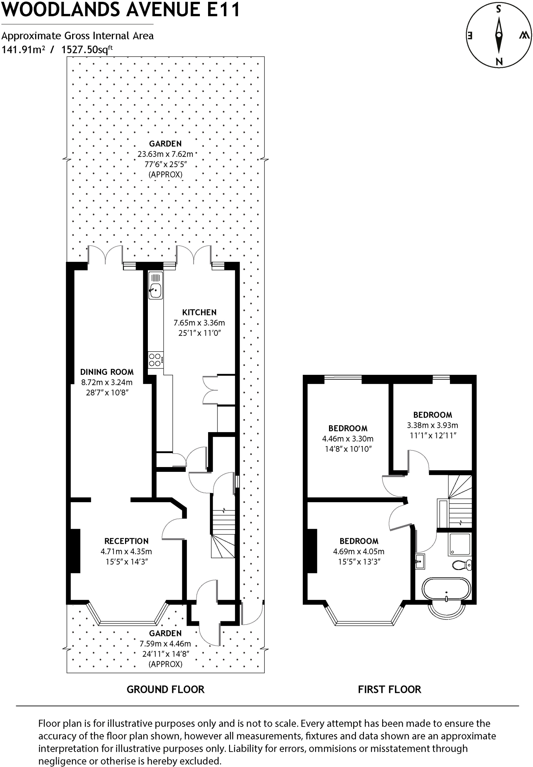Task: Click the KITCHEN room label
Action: coord(199,312)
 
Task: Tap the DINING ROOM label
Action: coord(107,372)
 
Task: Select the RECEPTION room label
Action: coord(126,541)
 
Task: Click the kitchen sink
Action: coord(156,289)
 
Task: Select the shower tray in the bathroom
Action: coord(459,545)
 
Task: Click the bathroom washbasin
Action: coord(420,561)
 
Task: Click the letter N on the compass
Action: coord(499,62)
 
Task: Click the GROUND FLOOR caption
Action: coord(165,689)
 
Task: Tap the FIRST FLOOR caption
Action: coord(389,689)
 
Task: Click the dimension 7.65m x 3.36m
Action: coord(199,323)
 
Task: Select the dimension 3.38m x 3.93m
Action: coord(432,425)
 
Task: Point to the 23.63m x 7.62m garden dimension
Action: coord(165,154)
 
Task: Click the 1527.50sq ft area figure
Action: coord(87,49)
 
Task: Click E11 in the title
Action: coord(223,10)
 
